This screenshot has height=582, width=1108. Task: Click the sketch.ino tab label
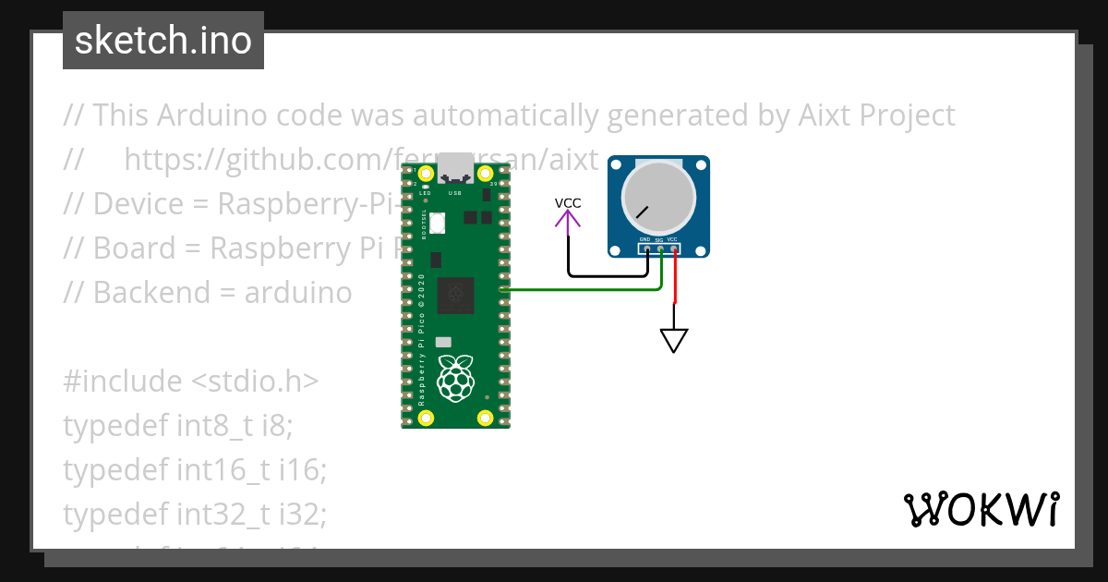click(x=163, y=41)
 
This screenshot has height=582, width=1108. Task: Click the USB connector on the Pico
click(x=454, y=167)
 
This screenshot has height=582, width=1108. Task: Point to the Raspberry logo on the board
click(x=454, y=380)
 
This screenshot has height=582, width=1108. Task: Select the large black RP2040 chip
click(x=455, y=296)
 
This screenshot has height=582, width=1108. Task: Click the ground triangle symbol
click(x=674, y=340)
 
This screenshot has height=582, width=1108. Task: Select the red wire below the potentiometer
click(x=675, y=277)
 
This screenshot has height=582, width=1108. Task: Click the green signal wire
click(x=582, y=290)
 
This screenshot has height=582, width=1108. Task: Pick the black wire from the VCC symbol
click(x=609, y=275)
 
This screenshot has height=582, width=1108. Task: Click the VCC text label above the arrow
click(x=568, y=202)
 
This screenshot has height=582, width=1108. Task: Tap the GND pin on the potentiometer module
click(x=647, y=249)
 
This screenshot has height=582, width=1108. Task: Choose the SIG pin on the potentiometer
click(x=660, y=249)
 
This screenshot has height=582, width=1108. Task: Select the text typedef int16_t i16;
click(x=195, y=469)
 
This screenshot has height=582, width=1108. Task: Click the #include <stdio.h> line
click(x=191, y=381)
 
